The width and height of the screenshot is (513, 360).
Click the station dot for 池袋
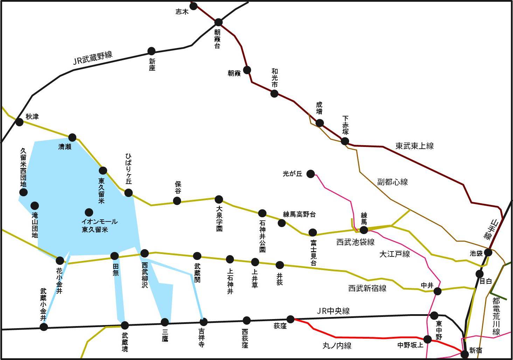tap(488, 252)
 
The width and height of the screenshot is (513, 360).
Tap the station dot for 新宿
tap(465, 354)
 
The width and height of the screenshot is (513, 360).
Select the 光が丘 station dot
tap(311, 174)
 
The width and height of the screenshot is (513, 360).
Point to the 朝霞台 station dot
tap(219, 22)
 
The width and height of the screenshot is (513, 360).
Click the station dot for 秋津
tap(20, 122)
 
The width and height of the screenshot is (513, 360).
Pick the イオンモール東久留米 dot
tap(89, 212)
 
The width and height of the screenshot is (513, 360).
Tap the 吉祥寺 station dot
tap(203, 322)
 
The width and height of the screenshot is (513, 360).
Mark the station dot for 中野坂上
tap(428, 339)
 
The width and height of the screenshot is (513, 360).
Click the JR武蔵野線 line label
tap(92, 58)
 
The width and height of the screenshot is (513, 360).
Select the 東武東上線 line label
tap(415, 146)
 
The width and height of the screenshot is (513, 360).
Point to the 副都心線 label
tap(392, 182)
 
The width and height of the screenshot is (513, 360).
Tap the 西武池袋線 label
tap(355, 242)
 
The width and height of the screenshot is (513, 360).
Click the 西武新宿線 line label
tap(367, 288)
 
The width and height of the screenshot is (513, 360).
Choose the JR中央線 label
tap(333, 311)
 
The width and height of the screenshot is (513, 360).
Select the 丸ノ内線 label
tap(337, 346)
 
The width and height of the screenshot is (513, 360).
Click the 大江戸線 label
tap(395, 254)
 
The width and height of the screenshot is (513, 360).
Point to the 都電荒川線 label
tap(496, 316)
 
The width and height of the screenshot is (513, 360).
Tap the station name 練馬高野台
tap(299, 214)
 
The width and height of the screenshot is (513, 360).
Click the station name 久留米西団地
tap(23, 167)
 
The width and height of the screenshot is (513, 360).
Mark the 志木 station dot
tap(193, 6)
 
